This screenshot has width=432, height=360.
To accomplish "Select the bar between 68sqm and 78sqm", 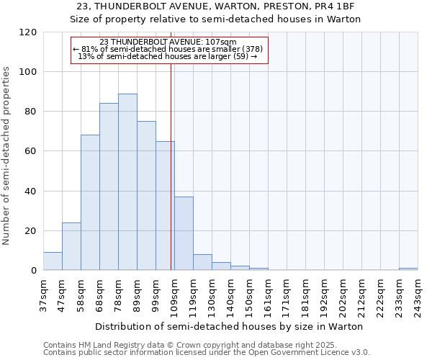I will click(109, 187).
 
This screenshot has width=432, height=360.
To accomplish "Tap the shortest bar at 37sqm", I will click(53, 261).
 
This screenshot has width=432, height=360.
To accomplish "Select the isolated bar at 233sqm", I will click(408, 269).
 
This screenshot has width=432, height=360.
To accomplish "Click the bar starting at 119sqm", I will click(202, 263).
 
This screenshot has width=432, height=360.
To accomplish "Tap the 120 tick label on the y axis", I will click(28, 32).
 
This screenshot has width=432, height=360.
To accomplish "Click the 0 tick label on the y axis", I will click(34, 271).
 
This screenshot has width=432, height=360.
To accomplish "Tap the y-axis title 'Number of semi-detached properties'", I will click(7, 152).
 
